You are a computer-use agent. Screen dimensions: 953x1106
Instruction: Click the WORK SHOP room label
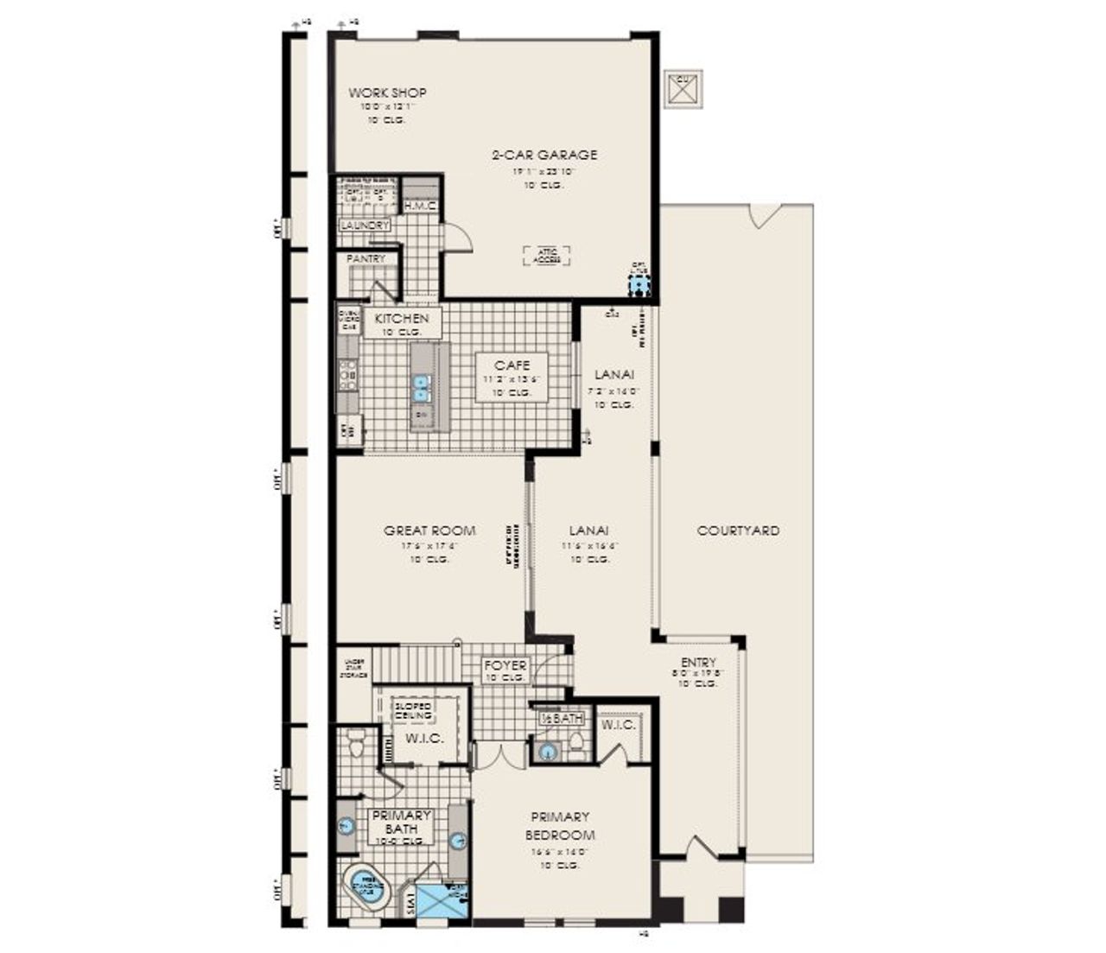[x=387, y=93]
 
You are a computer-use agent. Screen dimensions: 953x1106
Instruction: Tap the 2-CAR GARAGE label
[x=544, y=156]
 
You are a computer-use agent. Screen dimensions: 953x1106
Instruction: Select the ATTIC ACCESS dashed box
[x=547, y=256]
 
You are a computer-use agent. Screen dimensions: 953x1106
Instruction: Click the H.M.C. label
[x=421, y=206]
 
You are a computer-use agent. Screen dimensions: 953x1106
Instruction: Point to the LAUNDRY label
[x=365, y=226]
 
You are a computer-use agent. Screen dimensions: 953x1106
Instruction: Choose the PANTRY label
[x=365, y=259]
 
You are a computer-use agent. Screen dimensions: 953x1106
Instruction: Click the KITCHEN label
[x=402, y=319]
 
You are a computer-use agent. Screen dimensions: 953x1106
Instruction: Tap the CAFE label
[x=512, y=365]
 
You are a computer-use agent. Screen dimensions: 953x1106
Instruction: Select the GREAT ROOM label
[x=429, y=531]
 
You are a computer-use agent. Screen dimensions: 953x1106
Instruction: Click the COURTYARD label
[x=738, y=531]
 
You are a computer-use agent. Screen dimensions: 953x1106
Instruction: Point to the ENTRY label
[x=698, y=663]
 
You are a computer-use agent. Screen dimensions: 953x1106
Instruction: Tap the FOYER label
[x=505, y=666]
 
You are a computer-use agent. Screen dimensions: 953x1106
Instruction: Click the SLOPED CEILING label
[x=413, y=711]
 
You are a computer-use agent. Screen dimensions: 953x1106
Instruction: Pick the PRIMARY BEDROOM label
[x=560, y=826]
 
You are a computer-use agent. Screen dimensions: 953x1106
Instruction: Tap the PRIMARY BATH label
[x=402, y=823]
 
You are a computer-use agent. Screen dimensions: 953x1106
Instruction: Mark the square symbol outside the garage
[x=683, y=88]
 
